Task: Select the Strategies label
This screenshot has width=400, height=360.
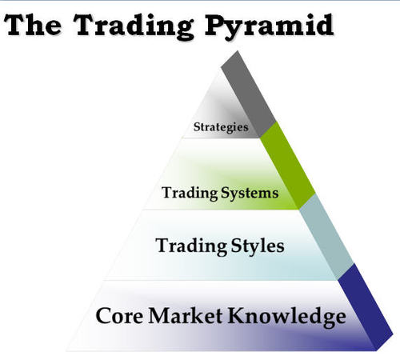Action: tap(222, 126)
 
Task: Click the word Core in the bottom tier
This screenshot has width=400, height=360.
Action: tap(122, 314)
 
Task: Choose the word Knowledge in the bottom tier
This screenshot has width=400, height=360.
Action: tap(287, 315)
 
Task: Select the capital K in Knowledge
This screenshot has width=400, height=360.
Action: tap(238, 314)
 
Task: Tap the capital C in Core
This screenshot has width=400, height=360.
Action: tap(103, 314)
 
